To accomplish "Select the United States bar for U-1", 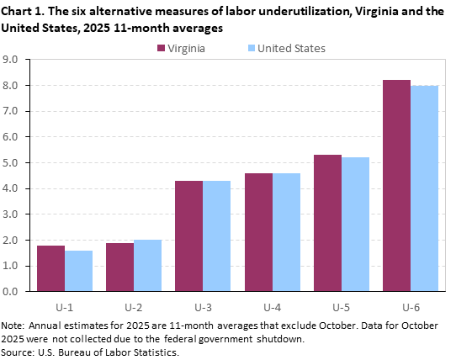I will (79, 271).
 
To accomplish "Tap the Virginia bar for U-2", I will (119, 267).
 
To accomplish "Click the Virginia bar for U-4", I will (258, 232).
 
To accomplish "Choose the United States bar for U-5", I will (355, 224).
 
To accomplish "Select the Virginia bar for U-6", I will (396, 186).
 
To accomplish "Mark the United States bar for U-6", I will (424, 188).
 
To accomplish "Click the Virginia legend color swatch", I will (162, 49).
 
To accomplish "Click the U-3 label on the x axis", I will (203, 305).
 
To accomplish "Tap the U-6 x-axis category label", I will (410, 305).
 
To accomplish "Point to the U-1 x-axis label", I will (65, 305).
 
